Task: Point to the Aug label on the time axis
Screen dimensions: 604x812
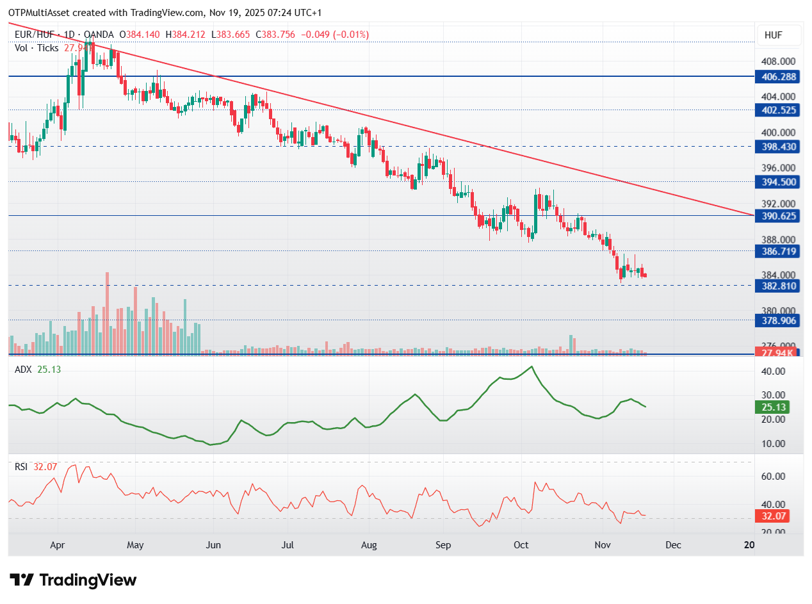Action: [x=369, y=545]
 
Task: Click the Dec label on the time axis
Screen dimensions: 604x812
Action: [x=673, y=545]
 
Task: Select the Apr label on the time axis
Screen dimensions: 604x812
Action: [x=58, y=545]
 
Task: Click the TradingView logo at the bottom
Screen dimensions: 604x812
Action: [x=74, y=580]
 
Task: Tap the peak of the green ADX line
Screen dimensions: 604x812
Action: [x=531, y=367]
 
